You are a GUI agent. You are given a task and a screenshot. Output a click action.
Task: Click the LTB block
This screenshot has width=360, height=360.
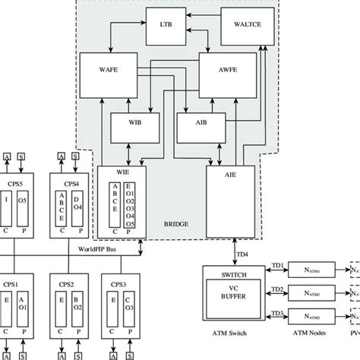[166, 24]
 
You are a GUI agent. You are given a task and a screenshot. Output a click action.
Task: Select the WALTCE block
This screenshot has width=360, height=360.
[242, 25]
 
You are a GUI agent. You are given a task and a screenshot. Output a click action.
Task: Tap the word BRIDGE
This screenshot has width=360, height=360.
[176, 224]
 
